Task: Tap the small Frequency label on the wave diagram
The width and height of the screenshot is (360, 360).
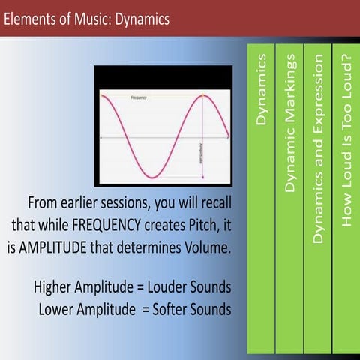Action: (138, 98)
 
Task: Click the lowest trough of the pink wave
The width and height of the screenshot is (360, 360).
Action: (152, 178)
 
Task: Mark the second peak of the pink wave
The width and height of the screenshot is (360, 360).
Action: (204, 95)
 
